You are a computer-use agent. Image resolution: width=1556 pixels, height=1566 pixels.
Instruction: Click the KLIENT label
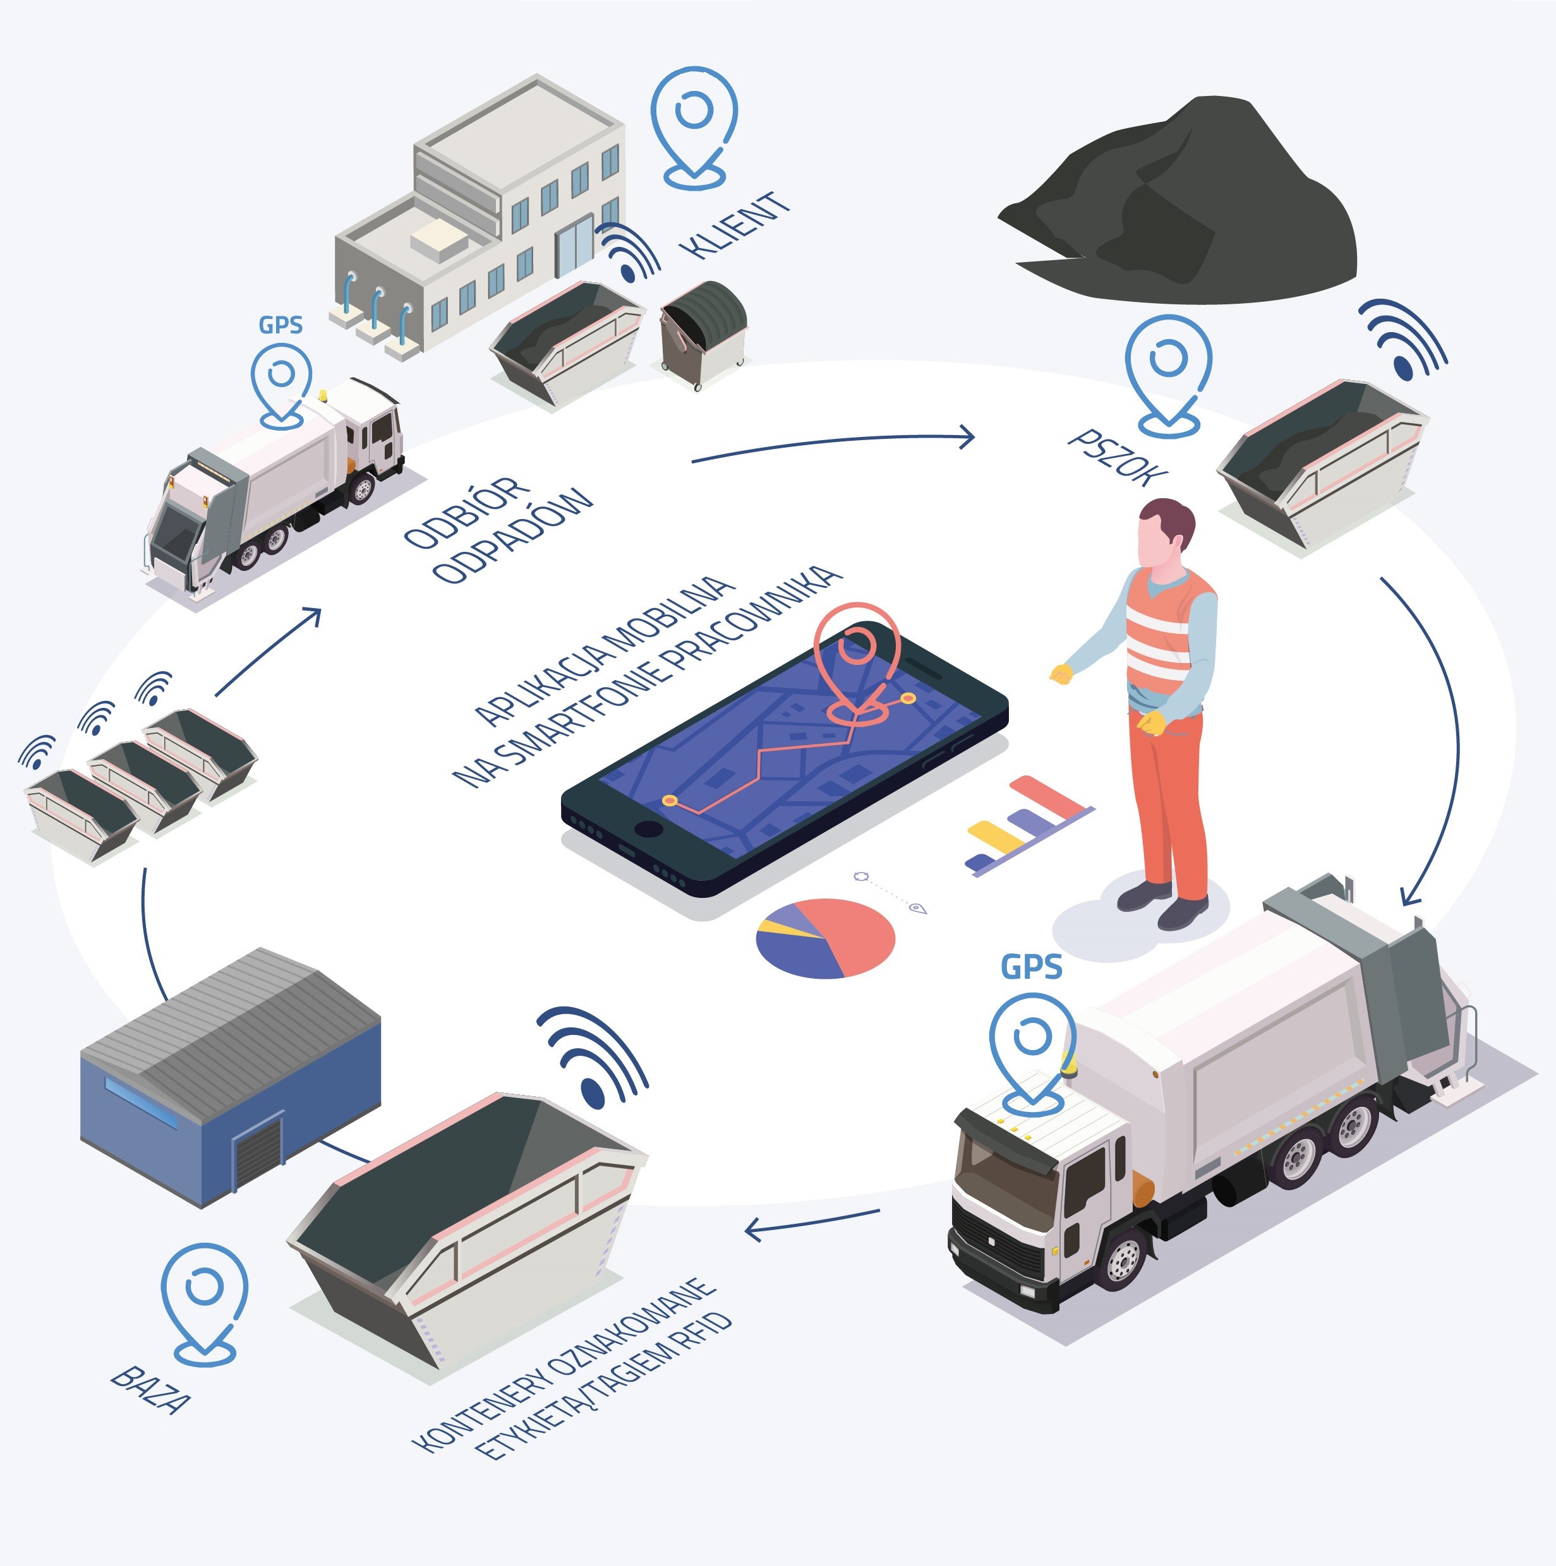tap(736, 225)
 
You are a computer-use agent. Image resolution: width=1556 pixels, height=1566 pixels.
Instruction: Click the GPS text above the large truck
tap(1032, 967)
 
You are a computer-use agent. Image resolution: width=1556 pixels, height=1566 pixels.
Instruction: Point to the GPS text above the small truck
tap(280, 325)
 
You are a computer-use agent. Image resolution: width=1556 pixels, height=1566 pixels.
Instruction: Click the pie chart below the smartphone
tap(826, 938)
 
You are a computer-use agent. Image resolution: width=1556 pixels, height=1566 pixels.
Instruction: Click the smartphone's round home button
tap(649, 828)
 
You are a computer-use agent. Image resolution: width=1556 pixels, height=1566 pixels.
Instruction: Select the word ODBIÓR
tap(466, 515)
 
